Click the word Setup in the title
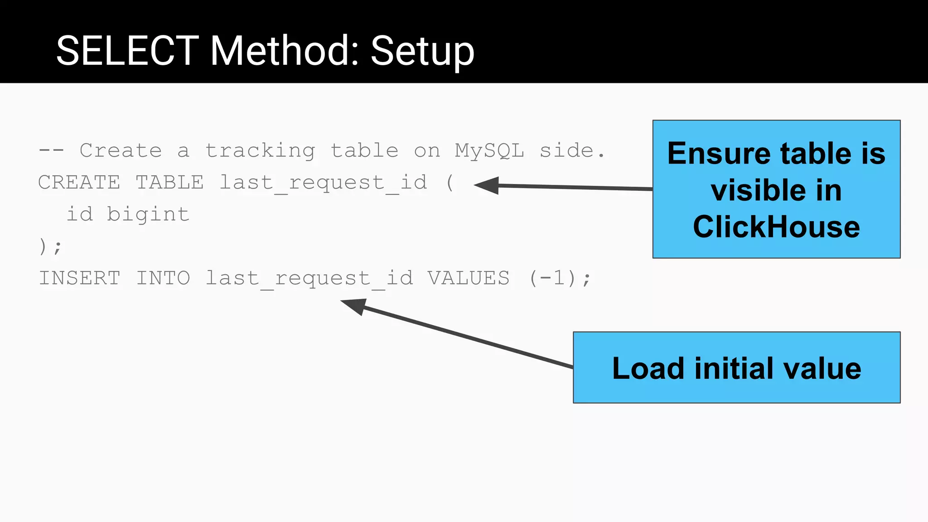pyautogui.click(x=422, y=51)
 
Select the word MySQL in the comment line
pyautogui.click(x=489, y=150)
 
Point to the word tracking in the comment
pyautogui.click(x=260, y=150)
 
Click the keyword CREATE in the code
pyautogui.click(x=79, y=183)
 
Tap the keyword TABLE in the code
pyautogui.click(x=169, y=183)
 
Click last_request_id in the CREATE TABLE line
pyautogui.click(x=323, y=183)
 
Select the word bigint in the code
pyautogui.click(x=148, y=214)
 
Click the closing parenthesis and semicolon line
pyautogui.click(x=50, y=246)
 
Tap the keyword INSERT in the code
pyautogui.click(x=80, y=278)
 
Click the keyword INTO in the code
pyautogui.click(x=163, y=278)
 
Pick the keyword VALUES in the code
pyautogui.click(x=469, y=278)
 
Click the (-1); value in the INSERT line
pyautogui.click(x=560, y=278)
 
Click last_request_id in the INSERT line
pyautogui.click(x=309, y=278)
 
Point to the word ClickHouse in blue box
pyautogui.click(x=776, y=227)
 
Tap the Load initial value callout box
pyautogui.click(x=736, y=367)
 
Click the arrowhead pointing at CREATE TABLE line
pyautogui.click(x=488, y=185)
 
